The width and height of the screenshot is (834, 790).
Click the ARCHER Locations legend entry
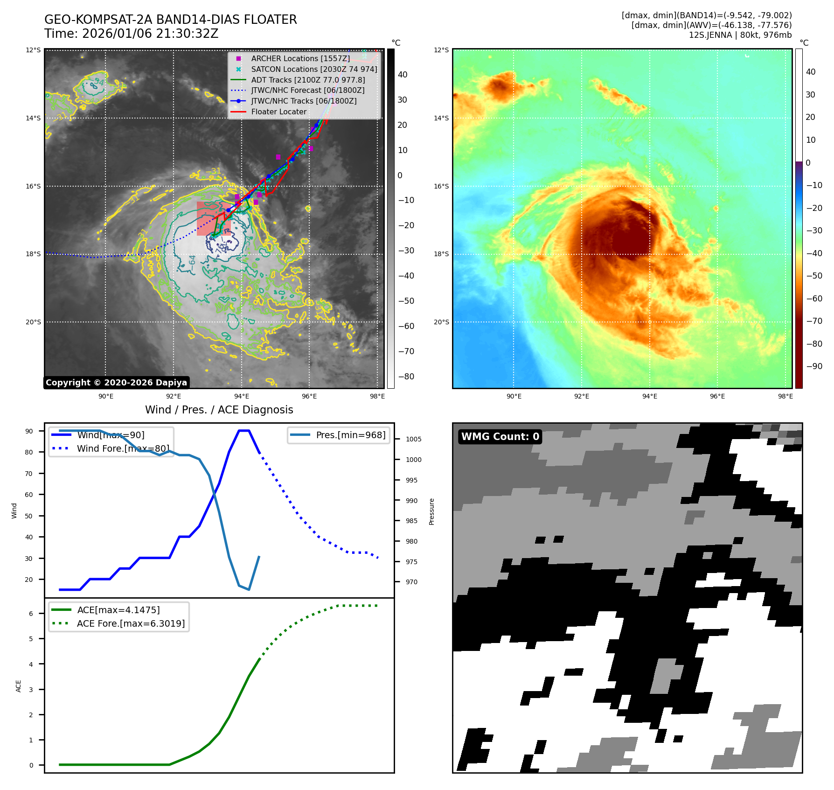tap(300, 58)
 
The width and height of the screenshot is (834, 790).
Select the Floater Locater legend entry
tap(278, 112)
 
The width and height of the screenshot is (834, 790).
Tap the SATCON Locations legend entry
tap(314, 69)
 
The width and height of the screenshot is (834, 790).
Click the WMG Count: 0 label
tap(500, 436)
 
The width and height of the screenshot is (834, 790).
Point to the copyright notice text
tap(116, 383)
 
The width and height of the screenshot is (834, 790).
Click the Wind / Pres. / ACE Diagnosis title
tap(219, 410)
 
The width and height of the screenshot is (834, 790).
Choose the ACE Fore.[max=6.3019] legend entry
tap(131, 623)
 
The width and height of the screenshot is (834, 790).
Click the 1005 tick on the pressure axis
tap(413, 439)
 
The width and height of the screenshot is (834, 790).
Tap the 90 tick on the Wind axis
tap(29, 431)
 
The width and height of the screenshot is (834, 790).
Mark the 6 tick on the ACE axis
tap(31, 614)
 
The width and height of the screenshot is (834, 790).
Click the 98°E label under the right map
tap(785, 396)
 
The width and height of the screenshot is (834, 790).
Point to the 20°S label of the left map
tap(33, 322)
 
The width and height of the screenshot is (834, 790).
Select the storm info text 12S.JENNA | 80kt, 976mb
tap(740, 35)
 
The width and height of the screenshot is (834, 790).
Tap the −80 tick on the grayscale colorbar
tap(406, 377)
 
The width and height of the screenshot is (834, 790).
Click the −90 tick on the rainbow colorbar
tap(814, 366)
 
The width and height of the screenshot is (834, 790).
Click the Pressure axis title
tap(431, 511)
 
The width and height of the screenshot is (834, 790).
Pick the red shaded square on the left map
tap(213, 218)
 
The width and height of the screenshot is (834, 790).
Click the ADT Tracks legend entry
tap(308, 80)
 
